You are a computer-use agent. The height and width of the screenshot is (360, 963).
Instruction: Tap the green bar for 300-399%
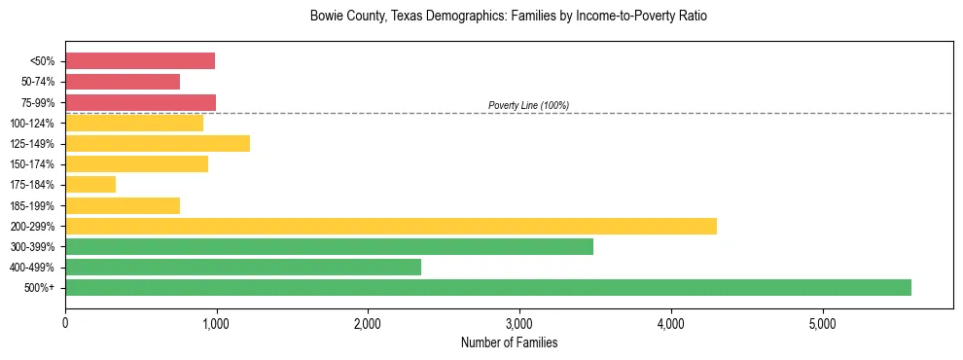point(329,246)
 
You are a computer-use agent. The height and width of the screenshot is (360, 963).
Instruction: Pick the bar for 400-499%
point(243,267)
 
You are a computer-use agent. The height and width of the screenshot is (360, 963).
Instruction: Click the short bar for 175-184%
point(90,184)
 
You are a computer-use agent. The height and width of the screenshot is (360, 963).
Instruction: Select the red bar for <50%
point(140,61)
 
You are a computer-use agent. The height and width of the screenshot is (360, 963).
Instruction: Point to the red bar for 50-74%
point(123,82)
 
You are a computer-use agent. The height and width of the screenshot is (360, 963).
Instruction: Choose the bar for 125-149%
point(158,143)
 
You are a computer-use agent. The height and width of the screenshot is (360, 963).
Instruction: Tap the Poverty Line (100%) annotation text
point(528,105)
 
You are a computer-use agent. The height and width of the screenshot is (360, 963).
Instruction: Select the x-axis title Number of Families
point(509,342)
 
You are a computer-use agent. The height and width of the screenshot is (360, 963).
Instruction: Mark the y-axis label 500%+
point(40,288)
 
